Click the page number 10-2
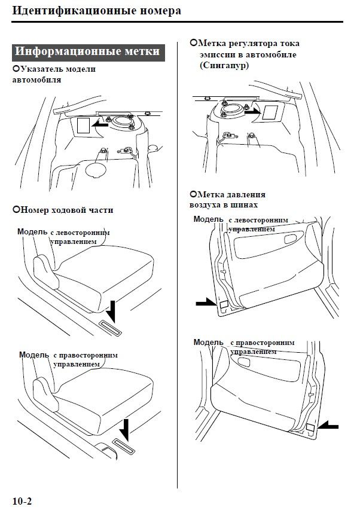click(22, 499)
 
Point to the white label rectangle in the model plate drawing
click(83, 126)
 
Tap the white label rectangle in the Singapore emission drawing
click(270, 112)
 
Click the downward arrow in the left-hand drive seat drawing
click(112, 311)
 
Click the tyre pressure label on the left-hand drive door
click(222, 305)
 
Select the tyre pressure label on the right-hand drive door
click(312, 427)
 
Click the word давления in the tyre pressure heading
click(244, 195)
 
